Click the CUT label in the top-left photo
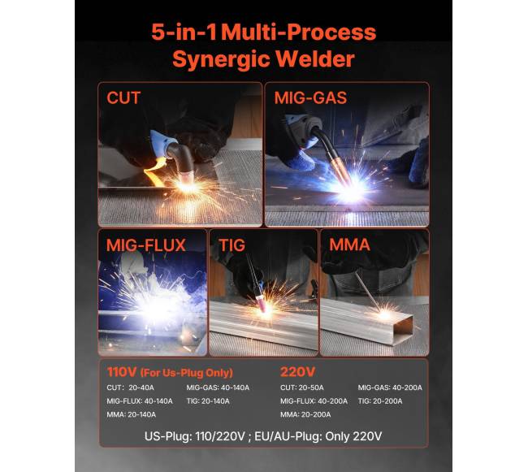pyautogui.click(x=123, y=98)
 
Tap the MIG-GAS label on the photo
pyautogui.click(x=310, y=98)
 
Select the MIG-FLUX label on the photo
pyautogui.click(x=145, y=245)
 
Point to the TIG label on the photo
pyautogui.click(x=232, y=245)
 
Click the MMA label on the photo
pyautogui.click(x=349, y=245)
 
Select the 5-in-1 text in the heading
pyautogui.click(x=184, y=32)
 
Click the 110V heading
pyautogui.click(x=122, y=372)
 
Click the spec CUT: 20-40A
pyautogui.click(x=130, y=388)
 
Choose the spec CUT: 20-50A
pyautogui.click(x=302, y=388)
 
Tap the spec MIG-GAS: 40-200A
pyautogui.click(x=390, y=388)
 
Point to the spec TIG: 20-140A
pyautogui.click(x=208, y=401)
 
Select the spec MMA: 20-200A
pyautogui.click(x=305, y=414)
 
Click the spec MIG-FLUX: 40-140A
pyautogui.click(x=140, y=401)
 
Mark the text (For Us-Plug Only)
pyautogui.click(x=187, y=373)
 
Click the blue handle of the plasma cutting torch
pyautogui.click(x=159, y=144)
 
